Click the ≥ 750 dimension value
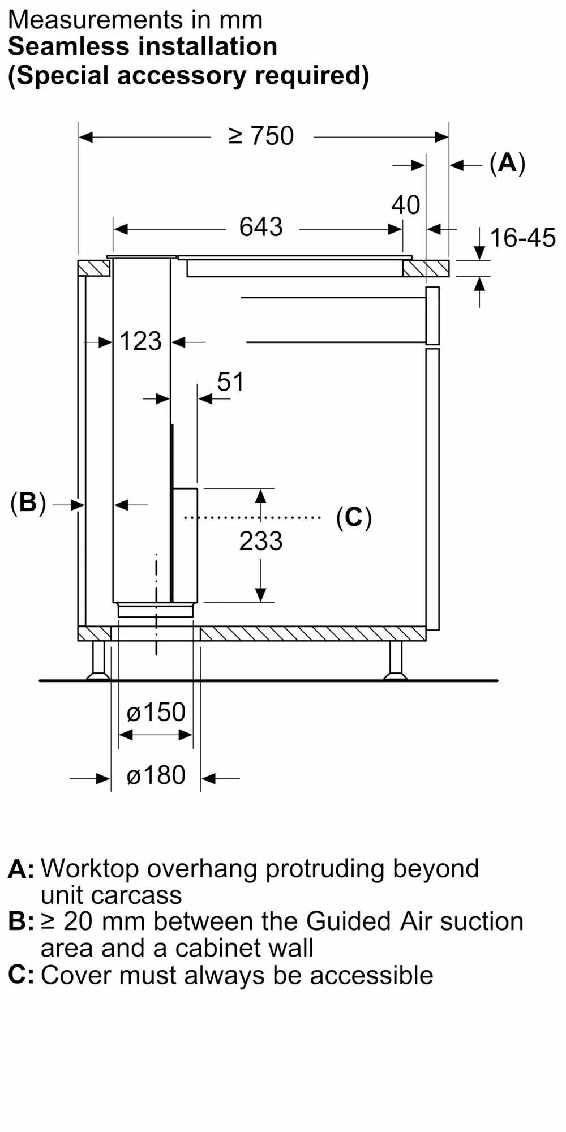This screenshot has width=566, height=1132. (261, 136)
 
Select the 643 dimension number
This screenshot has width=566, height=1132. (260, 228)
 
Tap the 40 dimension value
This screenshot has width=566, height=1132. (405, 205)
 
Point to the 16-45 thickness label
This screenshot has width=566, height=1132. (522, 238)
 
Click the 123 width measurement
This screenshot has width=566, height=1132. (140, 341)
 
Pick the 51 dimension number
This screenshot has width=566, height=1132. (230, 382)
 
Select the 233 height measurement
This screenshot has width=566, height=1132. (260, 541)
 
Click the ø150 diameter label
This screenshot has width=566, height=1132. (156, 712)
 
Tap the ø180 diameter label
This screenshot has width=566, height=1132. (156, 775)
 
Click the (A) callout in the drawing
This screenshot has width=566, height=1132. (507, 164)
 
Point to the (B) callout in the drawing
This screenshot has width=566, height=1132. (28, 503)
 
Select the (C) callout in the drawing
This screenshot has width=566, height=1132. (354, 517)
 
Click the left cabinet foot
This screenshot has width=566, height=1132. (98, 660)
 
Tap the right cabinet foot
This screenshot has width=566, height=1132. (395, 660)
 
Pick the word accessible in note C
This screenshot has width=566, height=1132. (371, 975)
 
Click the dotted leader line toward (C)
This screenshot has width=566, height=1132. (252, 517)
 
